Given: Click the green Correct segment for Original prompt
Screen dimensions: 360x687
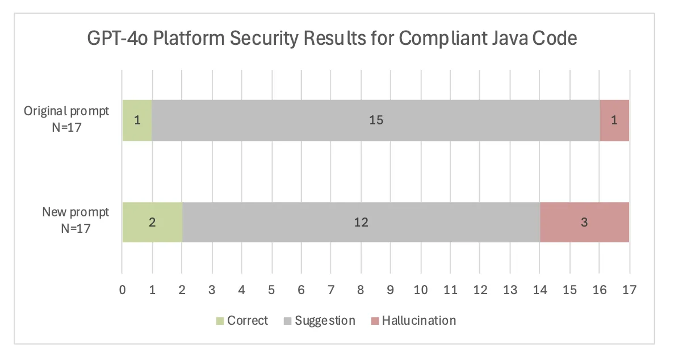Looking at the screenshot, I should pyautogui.click(x=137, y=120).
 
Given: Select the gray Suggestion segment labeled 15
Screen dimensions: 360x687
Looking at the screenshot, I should pyautogui.click(x=375, y=120).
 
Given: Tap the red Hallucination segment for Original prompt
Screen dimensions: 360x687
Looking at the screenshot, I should pyautogui.click(x=614, y=120).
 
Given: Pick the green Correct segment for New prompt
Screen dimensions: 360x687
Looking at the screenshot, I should pyautogui.click(x=152, y=222).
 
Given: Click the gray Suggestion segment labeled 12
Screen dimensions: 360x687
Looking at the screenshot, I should pyautogui.click(x=361, y=222).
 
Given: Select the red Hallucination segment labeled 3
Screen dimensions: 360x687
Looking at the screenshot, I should pyautogui.click(x=584, y=222).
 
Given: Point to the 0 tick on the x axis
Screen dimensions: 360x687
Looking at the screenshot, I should pyautogui.click(x=123, y=290).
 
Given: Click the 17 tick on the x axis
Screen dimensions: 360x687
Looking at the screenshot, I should pyautogui.click(x=629, y=290).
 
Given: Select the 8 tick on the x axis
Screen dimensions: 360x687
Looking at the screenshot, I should pyautogui.click(x=361, y=290).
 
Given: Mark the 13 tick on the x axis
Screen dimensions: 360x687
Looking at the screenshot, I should pyautogui.click(x=510, y=290).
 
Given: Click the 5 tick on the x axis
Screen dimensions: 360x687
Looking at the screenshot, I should pyautogui.click(x=271, y=290).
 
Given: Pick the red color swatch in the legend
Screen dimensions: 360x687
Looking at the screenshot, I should pyautogui.click(x=375, y=321).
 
